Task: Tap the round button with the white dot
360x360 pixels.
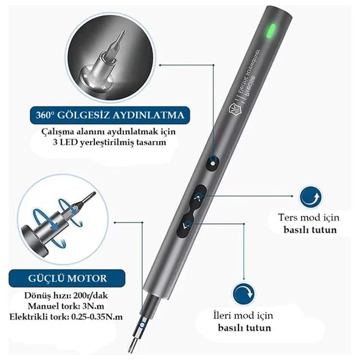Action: [x=213, y=163]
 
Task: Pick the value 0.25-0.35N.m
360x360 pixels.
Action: [x=97, y=316]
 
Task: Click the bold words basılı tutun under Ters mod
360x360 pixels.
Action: [x=310, y=230]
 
